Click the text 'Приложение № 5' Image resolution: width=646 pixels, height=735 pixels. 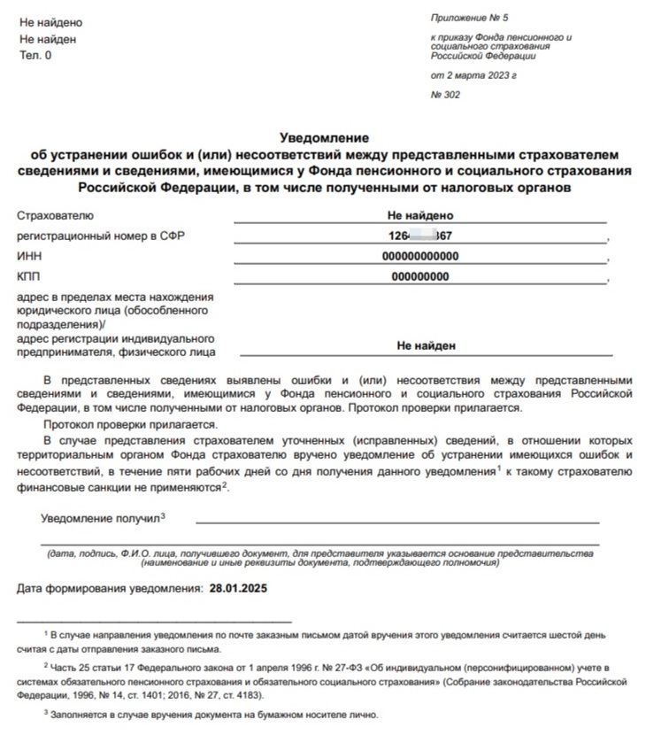[469, 18]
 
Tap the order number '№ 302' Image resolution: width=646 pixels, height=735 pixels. [445, 95]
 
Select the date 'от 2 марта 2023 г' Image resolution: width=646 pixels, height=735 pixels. [473, 76]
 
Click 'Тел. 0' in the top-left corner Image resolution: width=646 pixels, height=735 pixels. [35, 55]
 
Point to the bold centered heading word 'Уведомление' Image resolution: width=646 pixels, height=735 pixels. [323, 137]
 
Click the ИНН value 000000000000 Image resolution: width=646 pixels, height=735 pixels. [419, 256]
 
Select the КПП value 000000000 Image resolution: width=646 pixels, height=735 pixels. [419, 276]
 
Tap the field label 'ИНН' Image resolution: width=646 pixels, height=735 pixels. [28, 256]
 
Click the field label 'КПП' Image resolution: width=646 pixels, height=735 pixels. [28, 276]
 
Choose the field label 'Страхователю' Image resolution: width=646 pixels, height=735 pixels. [55, 215]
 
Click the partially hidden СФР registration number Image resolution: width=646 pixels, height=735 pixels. [419, 236]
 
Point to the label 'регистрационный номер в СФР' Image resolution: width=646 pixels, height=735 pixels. [102, 236]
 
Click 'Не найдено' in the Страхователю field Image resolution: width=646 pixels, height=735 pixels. [419, 215]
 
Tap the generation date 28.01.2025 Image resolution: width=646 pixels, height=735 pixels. [237, 588]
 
